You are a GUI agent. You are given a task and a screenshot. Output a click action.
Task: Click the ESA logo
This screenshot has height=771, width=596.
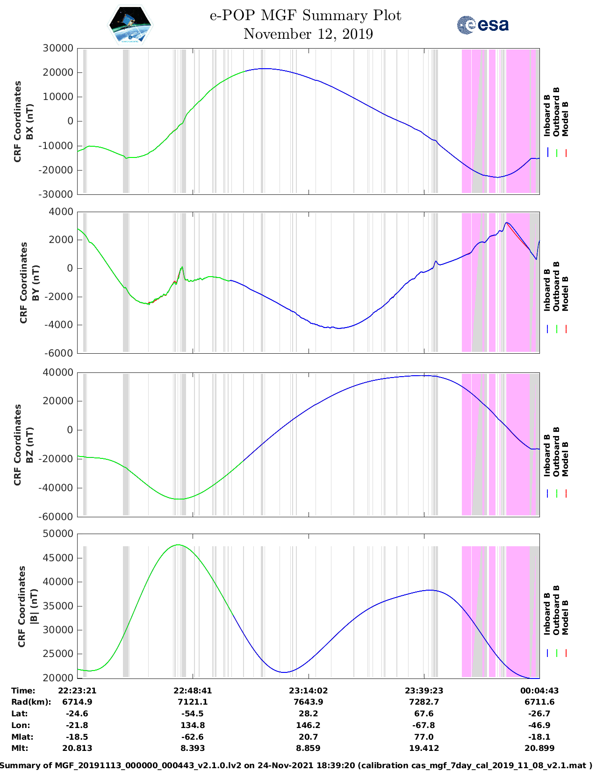pyautogui.click(x=482, y=25)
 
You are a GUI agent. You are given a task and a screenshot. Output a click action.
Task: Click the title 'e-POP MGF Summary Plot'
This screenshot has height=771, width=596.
pyautogui.click(x=305, y=15)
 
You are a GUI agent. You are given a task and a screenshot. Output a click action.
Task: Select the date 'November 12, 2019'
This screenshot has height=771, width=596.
pyautogui.click(x=308, y=34)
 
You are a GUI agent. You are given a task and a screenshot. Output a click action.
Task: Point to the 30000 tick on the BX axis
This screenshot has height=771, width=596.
pyautogui.click(x=57, y=48)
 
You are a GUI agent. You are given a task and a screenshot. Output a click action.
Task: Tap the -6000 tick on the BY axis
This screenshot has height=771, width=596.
pyautogui.click(x=59, y=353)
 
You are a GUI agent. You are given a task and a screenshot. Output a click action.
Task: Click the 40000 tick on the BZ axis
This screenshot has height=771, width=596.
pyautogui.click(x=57, y=372)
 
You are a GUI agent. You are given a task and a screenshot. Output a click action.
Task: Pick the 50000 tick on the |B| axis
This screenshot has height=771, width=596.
pyautogui.click(x=57, y=534)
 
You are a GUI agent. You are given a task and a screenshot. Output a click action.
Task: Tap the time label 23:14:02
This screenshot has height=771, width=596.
pyautogui.click(x=308, y=690)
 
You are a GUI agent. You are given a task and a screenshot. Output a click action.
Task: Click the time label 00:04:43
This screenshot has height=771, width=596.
pyautogui.click(x=539, y=690)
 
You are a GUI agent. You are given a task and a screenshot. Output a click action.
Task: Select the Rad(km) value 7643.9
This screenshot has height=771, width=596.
pyautogui.click(x=308, y=702)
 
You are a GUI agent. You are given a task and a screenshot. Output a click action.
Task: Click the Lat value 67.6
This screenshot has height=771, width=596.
pyautogui.click(x=424, y=714)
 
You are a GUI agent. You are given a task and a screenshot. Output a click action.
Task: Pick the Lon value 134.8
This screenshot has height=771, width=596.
pyautogui.click(x=193, y=725)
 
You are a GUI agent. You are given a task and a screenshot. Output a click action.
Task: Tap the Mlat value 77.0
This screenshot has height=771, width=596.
pyautogui.click(x=424, y=737)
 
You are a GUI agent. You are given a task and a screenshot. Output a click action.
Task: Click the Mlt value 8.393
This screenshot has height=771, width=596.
pyautogui.click(x=193, y=748)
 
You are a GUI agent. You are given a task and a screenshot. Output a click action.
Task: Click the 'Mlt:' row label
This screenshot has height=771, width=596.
pyautogui.click(x=20, y=748)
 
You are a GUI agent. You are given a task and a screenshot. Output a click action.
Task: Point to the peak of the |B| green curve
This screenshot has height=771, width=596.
pyautogui.click(x=178, y=545)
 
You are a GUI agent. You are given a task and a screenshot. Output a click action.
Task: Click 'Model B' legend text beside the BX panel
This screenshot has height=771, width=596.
pyautogui.click(x=565, y=119)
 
